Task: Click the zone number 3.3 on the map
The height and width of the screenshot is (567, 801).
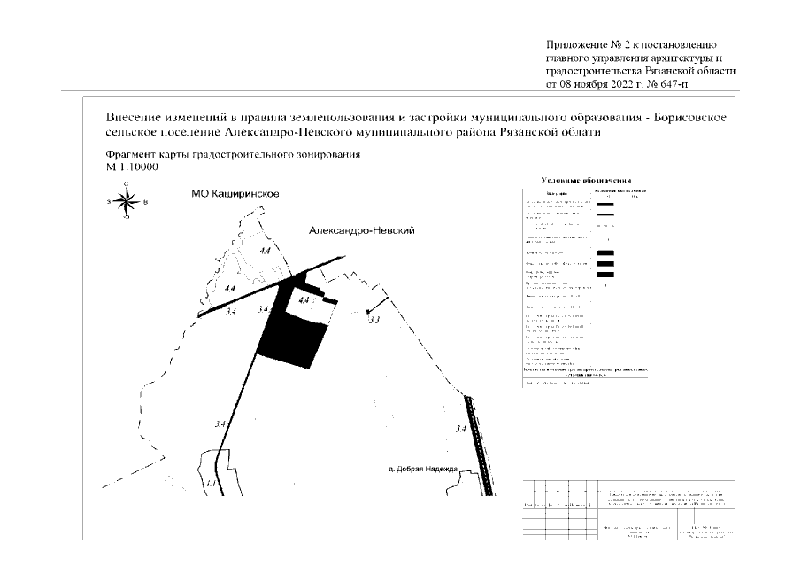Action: [374, 320]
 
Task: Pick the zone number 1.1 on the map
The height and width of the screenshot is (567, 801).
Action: [210, 485]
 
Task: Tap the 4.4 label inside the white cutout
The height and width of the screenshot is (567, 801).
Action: [304, 300]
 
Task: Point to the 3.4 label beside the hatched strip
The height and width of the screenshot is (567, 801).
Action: [459, 429]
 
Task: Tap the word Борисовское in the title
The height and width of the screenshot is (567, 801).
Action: [690, 118]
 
